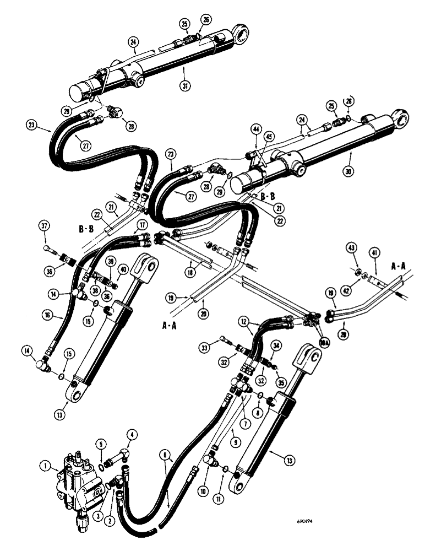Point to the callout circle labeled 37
click(45, 226)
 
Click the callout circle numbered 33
click(221, 347)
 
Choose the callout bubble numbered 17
click(142, 225)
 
